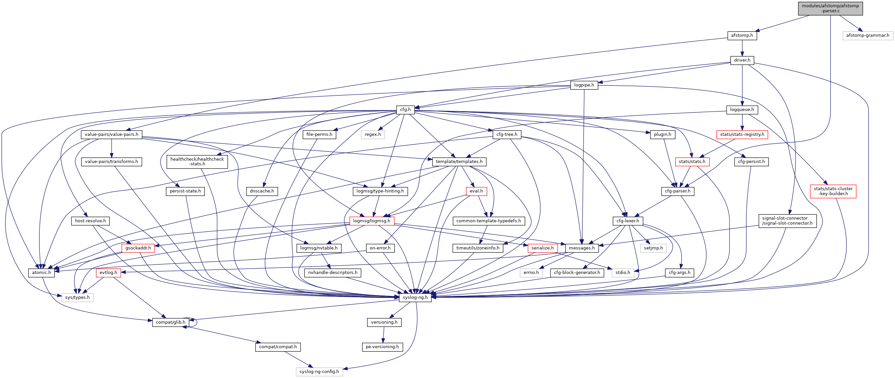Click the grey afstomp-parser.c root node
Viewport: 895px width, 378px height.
830,8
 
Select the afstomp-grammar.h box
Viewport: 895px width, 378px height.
867,35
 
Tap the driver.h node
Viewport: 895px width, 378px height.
742,60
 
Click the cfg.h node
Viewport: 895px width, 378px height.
405,110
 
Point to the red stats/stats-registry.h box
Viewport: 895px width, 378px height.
742,135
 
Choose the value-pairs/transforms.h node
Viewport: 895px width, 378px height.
112,162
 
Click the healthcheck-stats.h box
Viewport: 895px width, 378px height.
197,162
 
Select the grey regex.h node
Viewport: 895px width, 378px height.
372,135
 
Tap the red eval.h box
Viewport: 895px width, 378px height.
476,191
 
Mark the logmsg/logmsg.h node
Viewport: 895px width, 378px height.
371,221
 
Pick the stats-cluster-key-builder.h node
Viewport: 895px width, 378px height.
833,191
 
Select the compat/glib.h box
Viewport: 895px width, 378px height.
170,322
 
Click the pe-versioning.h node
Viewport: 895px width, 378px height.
382,347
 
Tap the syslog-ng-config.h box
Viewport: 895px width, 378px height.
319,372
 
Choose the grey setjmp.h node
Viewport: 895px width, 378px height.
653,248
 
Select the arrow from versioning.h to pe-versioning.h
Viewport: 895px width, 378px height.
383,335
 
